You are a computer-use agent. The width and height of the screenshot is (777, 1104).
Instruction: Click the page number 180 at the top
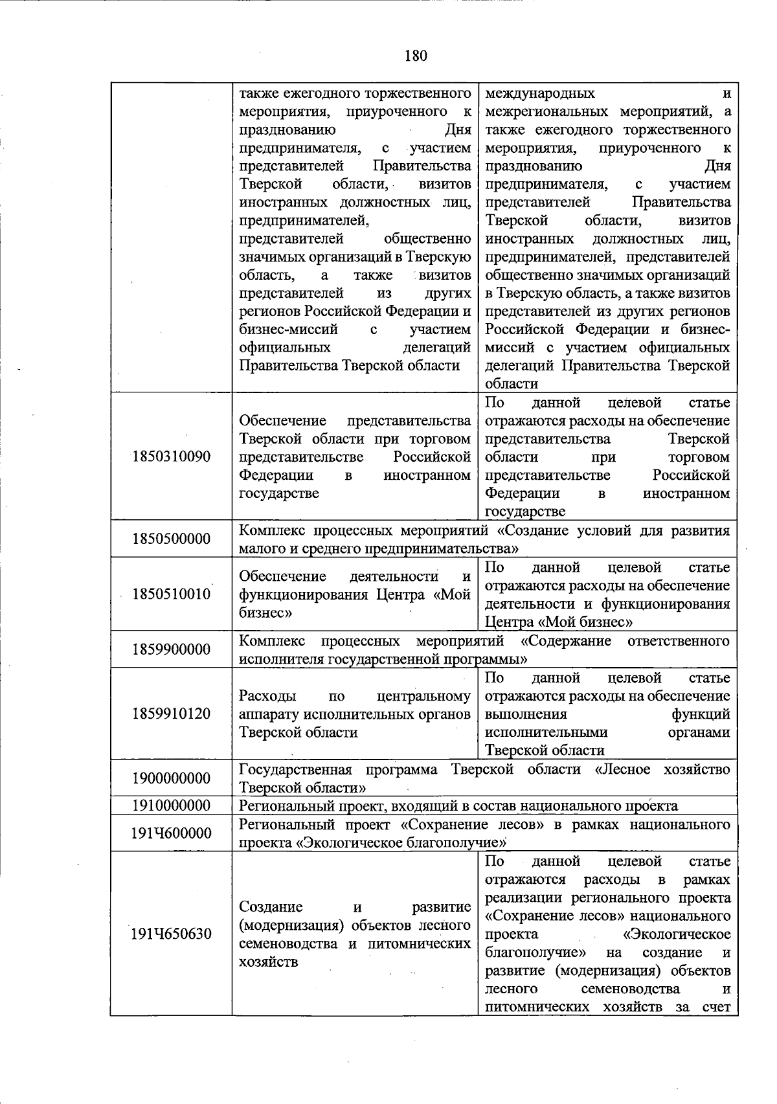[x=416, y=56]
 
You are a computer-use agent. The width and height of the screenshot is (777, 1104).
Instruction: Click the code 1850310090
[x=171, y=456]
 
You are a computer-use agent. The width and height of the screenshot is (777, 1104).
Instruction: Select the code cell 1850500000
[x=171, y=539]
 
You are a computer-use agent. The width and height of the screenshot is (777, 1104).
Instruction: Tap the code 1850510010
[x=171, y=594]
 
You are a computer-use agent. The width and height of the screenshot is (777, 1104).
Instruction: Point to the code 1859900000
[x=171, y=649]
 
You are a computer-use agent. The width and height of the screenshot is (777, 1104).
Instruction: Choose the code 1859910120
[x=171, y=714]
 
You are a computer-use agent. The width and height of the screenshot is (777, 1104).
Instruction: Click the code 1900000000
[x=171, y=778]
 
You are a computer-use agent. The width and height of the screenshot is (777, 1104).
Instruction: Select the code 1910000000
[x=171, y=805]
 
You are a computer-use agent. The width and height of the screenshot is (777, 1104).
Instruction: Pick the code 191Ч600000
[x=171, y=833]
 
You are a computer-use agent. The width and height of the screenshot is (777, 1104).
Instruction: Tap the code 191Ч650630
[x=171, y=934]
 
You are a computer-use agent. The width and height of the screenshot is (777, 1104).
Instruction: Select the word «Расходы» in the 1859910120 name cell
[x=267, y=697]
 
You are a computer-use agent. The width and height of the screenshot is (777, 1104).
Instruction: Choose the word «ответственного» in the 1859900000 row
[x=679, y=641]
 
